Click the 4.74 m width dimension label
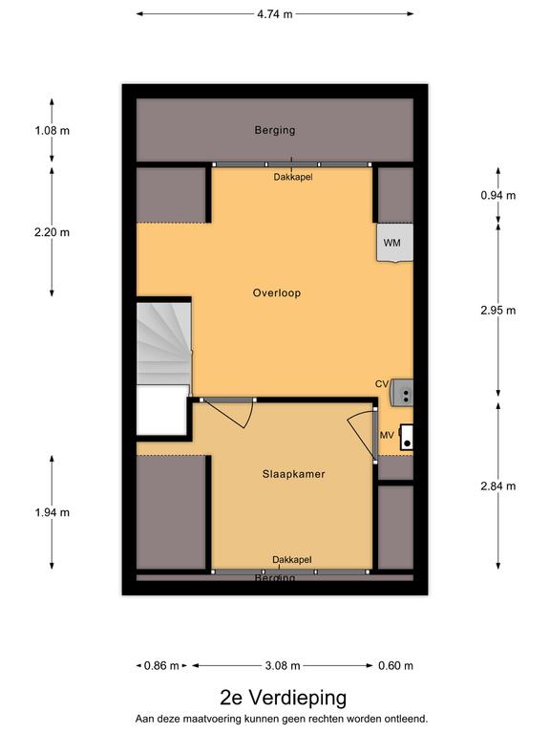pos(275,14)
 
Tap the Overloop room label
pos(276,293)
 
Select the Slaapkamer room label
pos(293,474)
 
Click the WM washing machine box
pos(395,243)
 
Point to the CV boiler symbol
pos(402,392)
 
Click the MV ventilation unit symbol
pos(407,437)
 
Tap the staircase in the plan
pos(163,344)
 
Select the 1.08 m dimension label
pos(52,131)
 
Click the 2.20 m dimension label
pos(52,232)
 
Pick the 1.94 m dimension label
pos(52,512)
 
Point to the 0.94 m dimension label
pos(498,195)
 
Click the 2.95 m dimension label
pos(498,311)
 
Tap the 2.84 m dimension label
pos(498,486)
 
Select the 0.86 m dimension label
pos(161,665)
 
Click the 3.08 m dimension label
pos(283,665)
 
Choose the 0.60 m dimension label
pos(395,665)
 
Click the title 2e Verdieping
pos(284,698)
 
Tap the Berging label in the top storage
pos(275,130)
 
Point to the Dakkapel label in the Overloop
pos(293,177)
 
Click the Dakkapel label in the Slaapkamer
pos(292,559)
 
